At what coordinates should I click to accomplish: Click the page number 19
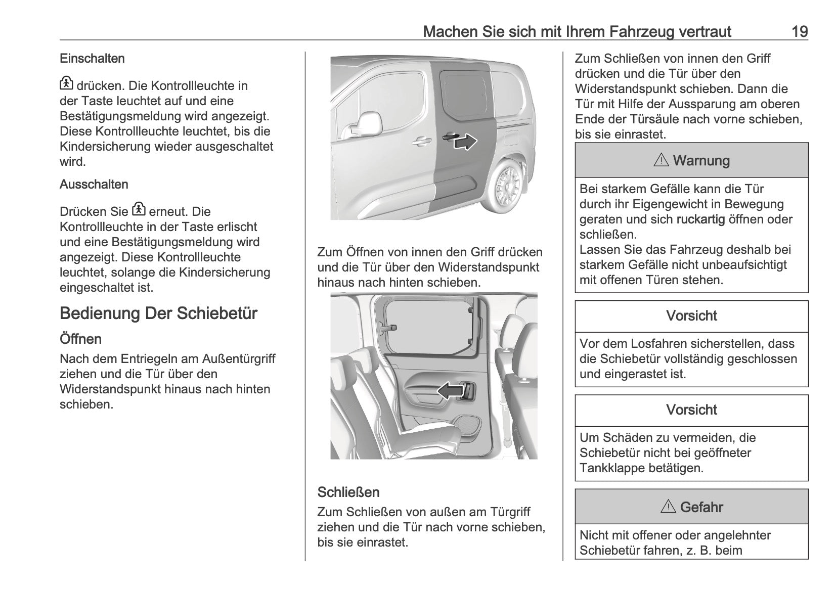799,32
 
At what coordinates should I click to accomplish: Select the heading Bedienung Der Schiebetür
158,313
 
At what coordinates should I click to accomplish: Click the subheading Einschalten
92,59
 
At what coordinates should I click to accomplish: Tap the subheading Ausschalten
94,185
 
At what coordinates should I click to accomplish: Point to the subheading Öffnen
80,339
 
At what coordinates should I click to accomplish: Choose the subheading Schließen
348,492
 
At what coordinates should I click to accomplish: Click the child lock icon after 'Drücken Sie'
139,210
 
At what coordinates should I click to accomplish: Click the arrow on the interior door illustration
450,391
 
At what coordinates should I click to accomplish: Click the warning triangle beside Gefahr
668,507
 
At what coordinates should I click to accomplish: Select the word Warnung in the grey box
701,161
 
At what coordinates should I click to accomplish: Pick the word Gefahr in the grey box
701,507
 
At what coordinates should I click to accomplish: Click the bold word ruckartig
700,219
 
